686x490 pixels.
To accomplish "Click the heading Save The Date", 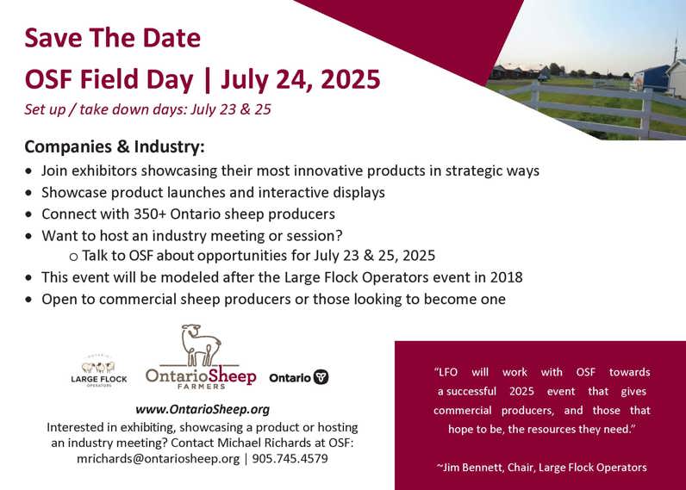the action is point(112,38).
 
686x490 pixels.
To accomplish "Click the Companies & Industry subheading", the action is point(115,146).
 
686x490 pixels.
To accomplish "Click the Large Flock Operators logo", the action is point(99,370).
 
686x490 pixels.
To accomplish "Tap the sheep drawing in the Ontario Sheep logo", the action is point(201,344).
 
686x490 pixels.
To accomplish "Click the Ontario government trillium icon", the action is point(321,377).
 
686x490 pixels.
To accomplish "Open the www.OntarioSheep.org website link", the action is point(203,409).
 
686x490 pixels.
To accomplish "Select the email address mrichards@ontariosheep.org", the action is point(159,458).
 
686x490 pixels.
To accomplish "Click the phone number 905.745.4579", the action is point(290,458).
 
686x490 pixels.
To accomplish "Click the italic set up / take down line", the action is point(148,109).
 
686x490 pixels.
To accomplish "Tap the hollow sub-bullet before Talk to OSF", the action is point(73,257).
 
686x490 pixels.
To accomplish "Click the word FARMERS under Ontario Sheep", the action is point(202,387).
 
